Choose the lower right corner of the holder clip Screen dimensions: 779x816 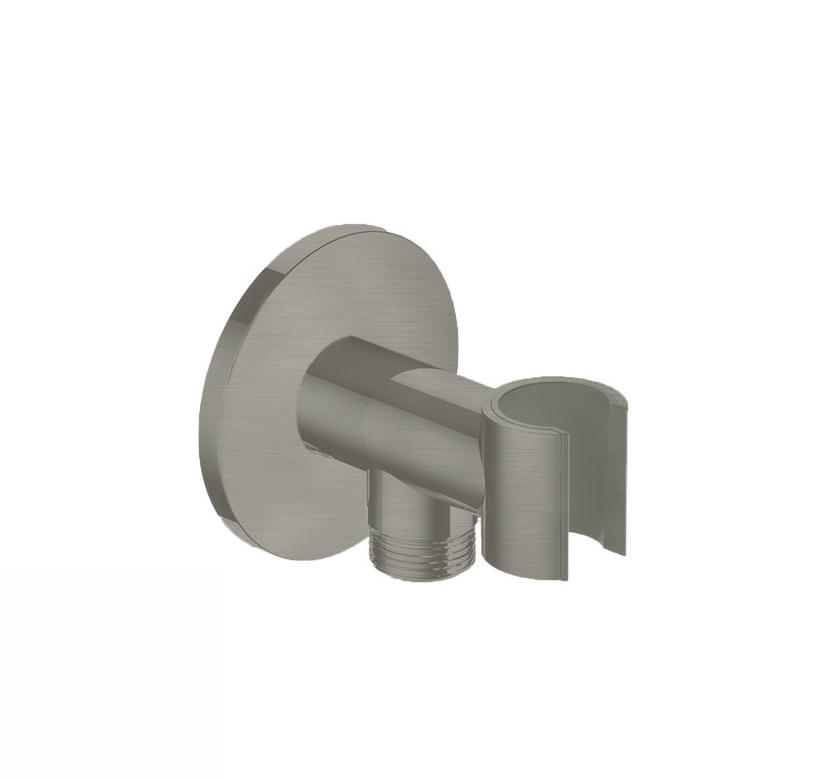pyautogui.click(x=623, y=566)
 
